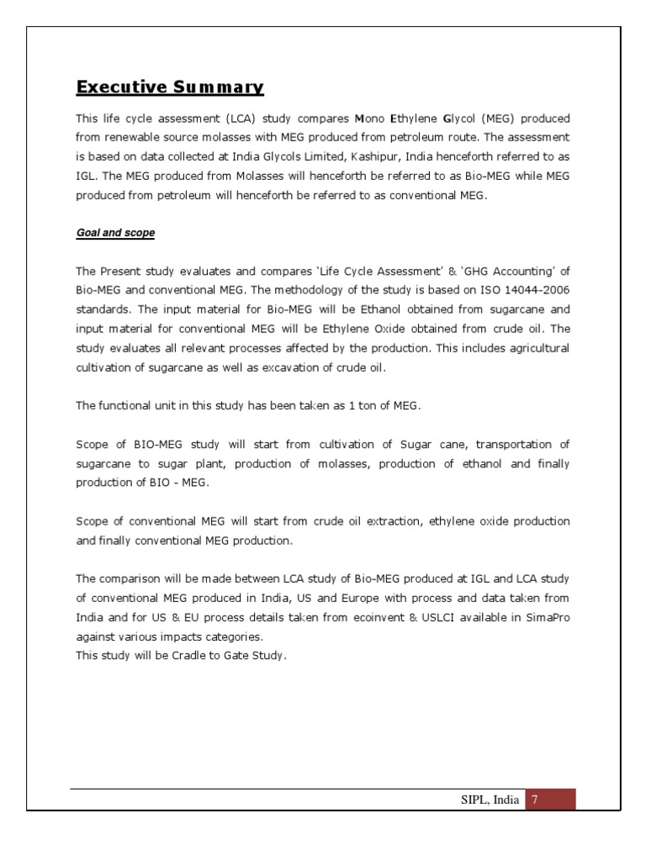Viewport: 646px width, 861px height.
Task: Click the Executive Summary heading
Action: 170,87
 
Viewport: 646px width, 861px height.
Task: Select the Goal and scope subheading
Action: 115,233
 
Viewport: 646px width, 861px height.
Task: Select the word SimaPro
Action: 548,618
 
